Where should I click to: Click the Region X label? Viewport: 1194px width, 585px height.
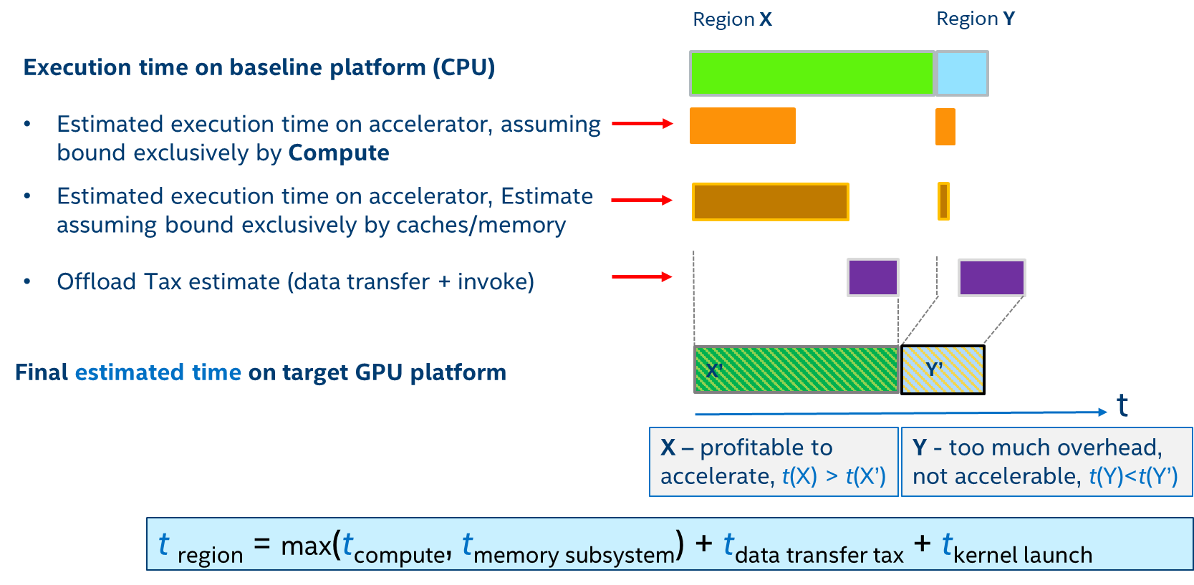click(x=732, y=19)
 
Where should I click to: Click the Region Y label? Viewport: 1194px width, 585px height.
click(x=976, y=19)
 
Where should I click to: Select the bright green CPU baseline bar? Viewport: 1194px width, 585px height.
click(x=811, y=73)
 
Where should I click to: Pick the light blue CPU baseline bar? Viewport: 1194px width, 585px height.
click(x=962, y=73)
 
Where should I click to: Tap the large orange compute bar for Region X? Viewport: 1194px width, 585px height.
click(x=742, y=126)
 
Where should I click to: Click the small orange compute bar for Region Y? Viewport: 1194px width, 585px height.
click(x=945, y=127)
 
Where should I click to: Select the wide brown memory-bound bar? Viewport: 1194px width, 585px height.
click(x=770, y=202)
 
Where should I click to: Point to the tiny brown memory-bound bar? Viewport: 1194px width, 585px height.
click(x=943, y=201)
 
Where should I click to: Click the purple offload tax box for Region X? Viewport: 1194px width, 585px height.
click(x=872, y=277)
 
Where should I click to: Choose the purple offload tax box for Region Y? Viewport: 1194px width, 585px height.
click(x=991, y=278)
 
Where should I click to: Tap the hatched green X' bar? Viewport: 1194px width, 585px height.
click(x=796, y=369)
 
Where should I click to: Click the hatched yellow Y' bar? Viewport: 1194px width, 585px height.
click(x=943, y=369)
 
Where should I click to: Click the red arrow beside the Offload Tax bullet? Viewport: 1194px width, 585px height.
click(x=642, y=276)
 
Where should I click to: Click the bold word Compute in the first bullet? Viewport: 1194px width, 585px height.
click(x=338, y=153)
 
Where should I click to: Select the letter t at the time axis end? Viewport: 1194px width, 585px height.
click(x=1122, y=405)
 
